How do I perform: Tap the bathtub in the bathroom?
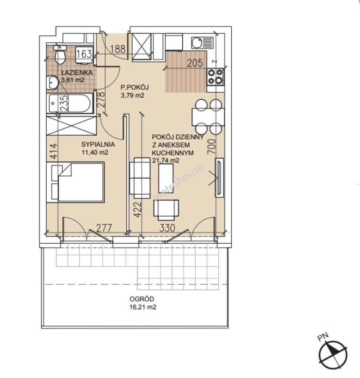tap(70, 104)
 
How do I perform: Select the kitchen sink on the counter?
tap(203, 43)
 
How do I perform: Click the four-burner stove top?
tap(216, 77)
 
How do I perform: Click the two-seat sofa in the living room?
tap(140, 178)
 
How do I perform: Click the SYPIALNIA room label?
tap(98, 145)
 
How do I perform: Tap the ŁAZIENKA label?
tap(77, 72)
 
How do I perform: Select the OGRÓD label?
tap(142, 299)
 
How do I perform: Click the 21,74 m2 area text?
tap(166, 160)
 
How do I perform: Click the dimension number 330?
tap(167, 228)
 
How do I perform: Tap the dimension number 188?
tap(118, 49)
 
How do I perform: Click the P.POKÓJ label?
tap(135, 87)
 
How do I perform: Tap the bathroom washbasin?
tap(52, 83)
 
